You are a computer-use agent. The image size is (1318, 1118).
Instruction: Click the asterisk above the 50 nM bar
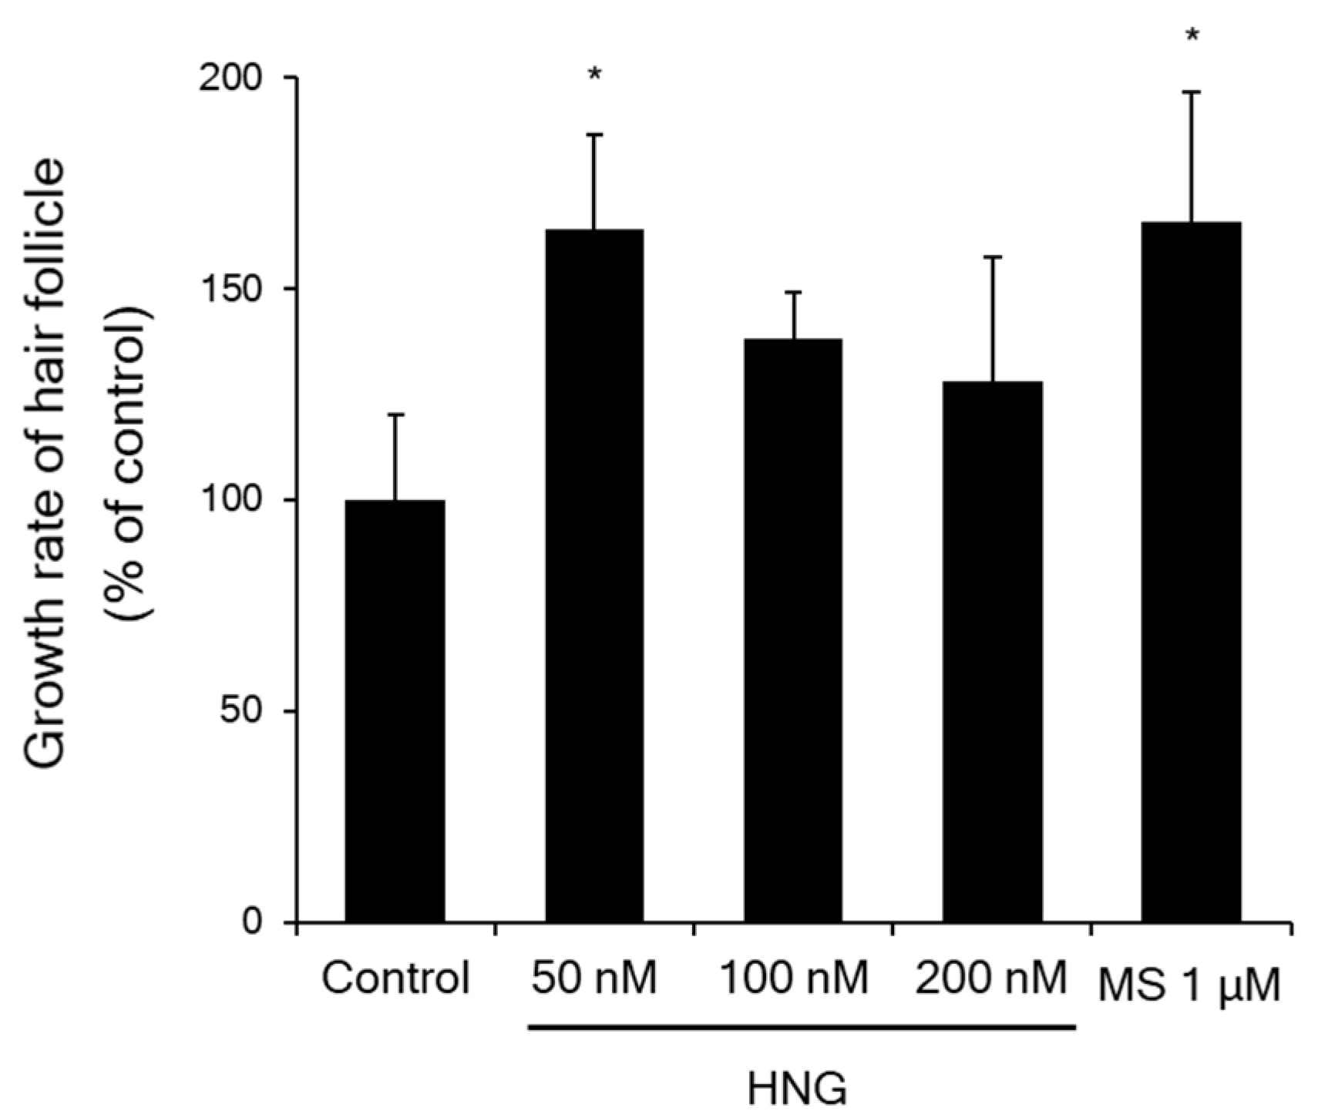(594, 76)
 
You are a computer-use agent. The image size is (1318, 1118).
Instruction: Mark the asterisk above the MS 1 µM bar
(1192, 35)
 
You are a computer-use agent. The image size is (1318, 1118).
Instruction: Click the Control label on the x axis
(395, 979)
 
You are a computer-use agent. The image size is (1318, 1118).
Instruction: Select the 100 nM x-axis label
(793, 979)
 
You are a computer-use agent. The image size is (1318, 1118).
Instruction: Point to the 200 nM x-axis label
(991, 979)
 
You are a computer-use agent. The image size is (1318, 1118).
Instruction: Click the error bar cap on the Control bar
(395, 415)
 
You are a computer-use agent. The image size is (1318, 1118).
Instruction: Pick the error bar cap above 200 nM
(993, 257)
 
